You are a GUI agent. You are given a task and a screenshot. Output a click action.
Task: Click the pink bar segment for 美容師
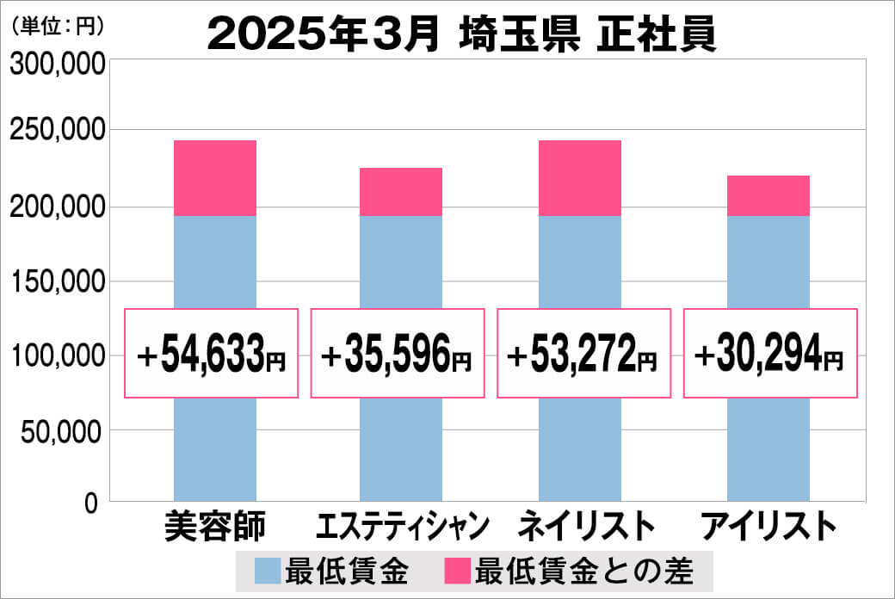[x=215, y=178]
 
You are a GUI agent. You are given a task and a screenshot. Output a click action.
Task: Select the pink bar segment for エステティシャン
[x=401, y=192]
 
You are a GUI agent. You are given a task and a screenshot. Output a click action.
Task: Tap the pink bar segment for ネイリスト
[x=580, y=178]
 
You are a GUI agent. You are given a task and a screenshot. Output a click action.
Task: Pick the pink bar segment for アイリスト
[x=768, y=195]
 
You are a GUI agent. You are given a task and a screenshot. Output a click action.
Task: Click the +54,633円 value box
[x=212, y=354]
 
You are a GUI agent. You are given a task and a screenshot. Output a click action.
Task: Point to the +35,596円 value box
[x=398, y=354]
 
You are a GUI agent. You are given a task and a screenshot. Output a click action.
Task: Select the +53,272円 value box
[x=583, y=354]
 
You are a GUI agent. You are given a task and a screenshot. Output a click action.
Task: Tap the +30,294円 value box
[x=770, y=354]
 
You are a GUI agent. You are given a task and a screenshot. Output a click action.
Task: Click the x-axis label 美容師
[x=215, y=525]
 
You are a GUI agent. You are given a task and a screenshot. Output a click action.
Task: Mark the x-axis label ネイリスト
[x=586, y=525]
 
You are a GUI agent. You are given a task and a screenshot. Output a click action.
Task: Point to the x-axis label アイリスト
[x=768, y=525]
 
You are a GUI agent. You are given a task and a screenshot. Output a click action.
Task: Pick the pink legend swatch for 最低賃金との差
[x=457, y=571]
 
